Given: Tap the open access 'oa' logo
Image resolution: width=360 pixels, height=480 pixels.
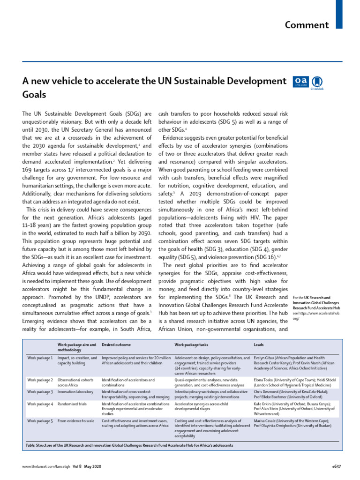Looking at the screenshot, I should coord(300,81).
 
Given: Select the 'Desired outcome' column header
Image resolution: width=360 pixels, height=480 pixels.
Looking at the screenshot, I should coord(116,345).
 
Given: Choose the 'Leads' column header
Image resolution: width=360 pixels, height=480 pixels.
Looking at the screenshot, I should coord(259,345).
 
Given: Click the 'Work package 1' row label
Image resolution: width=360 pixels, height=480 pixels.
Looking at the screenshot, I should coord(40,358).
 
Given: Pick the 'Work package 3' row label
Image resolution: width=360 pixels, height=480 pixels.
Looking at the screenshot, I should coord(40,391).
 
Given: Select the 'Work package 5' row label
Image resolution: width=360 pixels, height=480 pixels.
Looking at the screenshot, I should coord(40,421).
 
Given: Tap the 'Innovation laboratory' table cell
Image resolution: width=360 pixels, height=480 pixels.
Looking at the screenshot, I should coord(75,391).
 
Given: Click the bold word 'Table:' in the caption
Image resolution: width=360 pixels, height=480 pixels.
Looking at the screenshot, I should coord(32,444).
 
